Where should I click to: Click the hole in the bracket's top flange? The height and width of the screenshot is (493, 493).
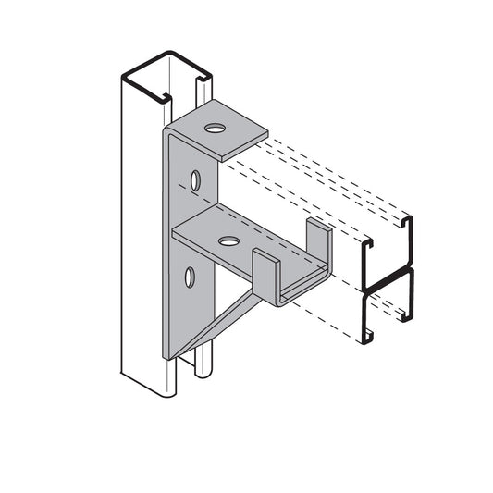tap(215, 129)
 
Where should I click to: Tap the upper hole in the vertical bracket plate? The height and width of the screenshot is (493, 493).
tap(195, 179)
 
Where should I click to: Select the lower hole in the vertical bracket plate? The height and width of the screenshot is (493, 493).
tap(190, 276)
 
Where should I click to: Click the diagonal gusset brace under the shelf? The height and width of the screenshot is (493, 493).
tap(222, 314)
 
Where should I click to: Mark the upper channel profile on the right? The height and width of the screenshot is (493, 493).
tap(388, 250)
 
